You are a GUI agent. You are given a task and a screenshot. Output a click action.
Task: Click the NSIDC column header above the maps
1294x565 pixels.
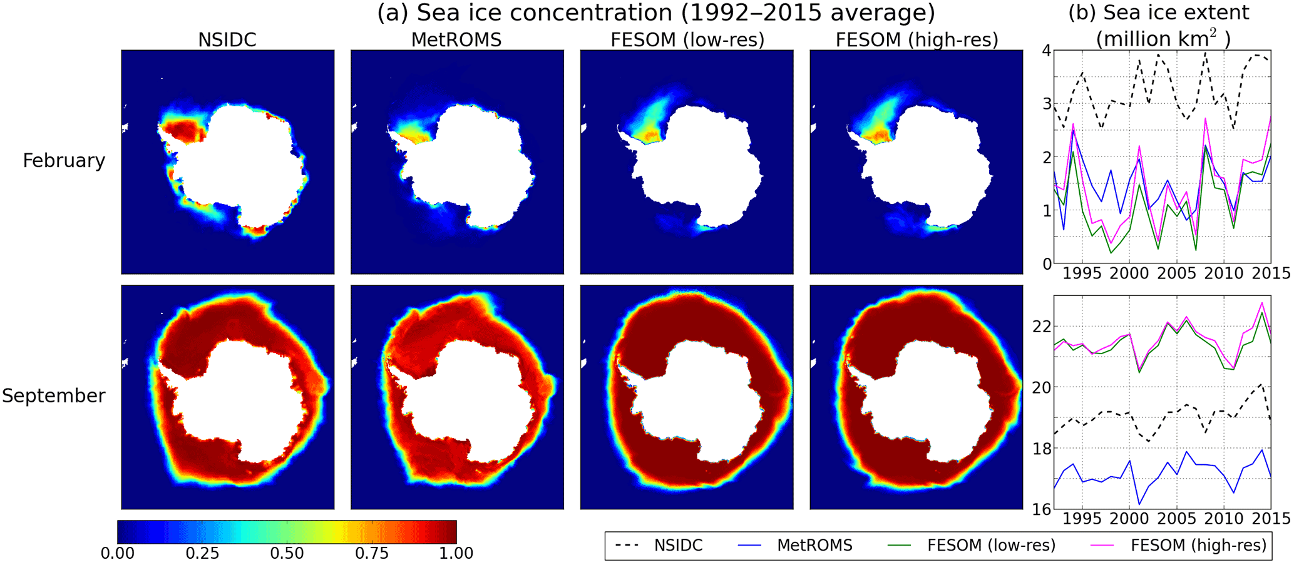227,39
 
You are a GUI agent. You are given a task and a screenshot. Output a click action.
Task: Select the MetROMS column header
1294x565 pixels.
456,39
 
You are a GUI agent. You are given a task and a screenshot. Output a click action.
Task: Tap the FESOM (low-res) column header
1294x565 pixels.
687,39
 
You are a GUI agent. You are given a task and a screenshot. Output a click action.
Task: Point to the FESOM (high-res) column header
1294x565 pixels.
917,39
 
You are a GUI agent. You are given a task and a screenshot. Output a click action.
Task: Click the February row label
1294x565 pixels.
64,161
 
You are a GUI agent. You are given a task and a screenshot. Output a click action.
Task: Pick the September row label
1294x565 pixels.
54,396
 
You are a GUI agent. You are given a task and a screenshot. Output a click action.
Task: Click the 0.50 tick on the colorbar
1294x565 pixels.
287,553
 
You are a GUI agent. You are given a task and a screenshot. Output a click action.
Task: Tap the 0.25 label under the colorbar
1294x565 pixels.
202,553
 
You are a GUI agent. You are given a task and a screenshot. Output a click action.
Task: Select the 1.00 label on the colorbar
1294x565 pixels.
456,553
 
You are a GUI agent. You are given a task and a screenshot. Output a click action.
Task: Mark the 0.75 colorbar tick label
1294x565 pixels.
372,553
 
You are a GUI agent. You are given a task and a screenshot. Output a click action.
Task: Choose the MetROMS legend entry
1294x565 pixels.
795,546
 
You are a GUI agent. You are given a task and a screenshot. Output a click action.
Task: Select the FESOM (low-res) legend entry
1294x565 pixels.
972,546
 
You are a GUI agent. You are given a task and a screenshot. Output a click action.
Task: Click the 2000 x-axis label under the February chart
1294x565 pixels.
1129,273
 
